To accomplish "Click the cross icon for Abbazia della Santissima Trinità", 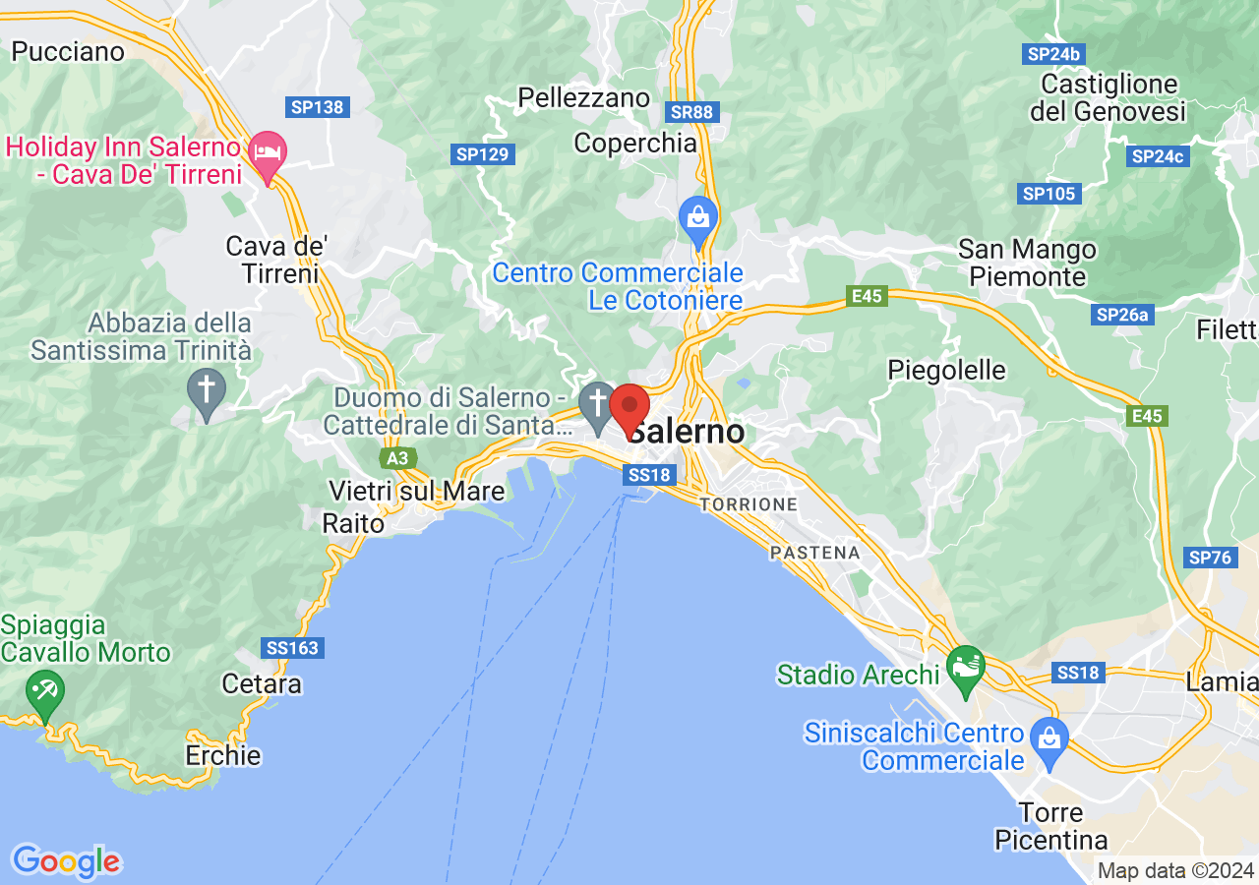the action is (x=207, y=390).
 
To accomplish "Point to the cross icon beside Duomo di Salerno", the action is (x=596, y=404).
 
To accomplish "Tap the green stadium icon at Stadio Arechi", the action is (x=965, y=668).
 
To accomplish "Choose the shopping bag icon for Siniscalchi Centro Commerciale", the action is (x=1049, y=738).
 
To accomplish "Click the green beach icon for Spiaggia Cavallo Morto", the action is (x=43, y=691).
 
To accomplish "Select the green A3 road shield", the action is (x=397, y=459).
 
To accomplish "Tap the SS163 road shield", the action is (x=293, y=648).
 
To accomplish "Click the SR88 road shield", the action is (x=690, y=111).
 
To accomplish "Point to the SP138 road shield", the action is (x=318, y=106).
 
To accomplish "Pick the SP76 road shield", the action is (x=1209, y=558).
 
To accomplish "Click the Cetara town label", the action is (x=262, y=683).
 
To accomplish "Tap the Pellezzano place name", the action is (x=583, y=98).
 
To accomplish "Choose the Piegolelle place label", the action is (x=946, y=371).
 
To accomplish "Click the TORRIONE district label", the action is (x=749, y=504).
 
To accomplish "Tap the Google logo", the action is (x=66, y=861).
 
